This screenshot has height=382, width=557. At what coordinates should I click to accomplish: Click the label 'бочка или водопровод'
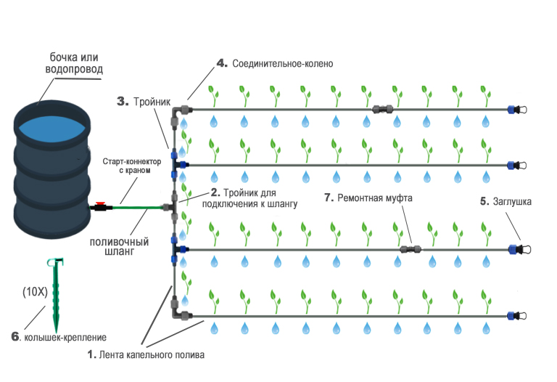point(76,63)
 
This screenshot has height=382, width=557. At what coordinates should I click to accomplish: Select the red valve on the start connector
point(104,206)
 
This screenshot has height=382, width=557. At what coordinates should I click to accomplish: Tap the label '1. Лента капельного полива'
point(146,356)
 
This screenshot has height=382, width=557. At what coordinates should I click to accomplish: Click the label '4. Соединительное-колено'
point(275,63)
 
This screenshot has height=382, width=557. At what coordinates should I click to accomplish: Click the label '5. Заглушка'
point(506,203)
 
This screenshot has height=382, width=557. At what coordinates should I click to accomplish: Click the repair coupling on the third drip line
point(410,249)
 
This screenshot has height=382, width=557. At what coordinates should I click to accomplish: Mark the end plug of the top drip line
point(517,110)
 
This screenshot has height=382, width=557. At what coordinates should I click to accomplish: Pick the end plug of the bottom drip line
point(517,317)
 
